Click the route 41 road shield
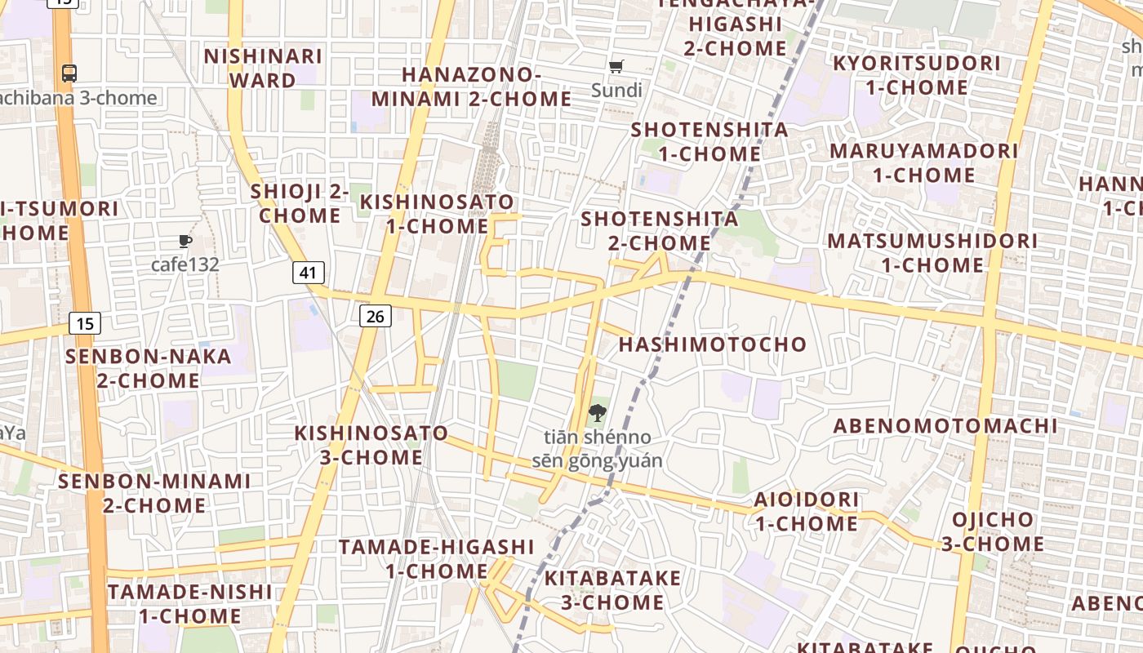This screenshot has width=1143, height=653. point(308,272)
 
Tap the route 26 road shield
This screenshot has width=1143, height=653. point(375,316)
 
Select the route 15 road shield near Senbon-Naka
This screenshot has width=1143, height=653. point(85,323)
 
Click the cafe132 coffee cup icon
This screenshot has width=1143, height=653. point(185,241)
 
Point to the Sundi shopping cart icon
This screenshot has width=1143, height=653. point(616,66)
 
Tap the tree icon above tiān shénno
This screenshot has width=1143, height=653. point(598,412)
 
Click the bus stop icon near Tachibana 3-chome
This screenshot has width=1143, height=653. point(69,73)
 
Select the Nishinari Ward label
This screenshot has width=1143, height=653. point(263,69)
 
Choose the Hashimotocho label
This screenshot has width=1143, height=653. point(712,344)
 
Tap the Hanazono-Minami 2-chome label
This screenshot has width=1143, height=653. point(471,87)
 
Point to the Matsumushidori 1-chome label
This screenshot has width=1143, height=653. point(932,253)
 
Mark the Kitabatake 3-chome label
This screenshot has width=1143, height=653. point(612,590)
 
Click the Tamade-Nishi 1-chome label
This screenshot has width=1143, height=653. point(189,603)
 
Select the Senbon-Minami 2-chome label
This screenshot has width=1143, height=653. point(153,493)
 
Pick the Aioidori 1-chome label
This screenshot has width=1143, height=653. point(806,511)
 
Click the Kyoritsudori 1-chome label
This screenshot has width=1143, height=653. point(916,75)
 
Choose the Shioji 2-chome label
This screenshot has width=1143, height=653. point(300,203)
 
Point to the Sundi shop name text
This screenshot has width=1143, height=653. point(616,90)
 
